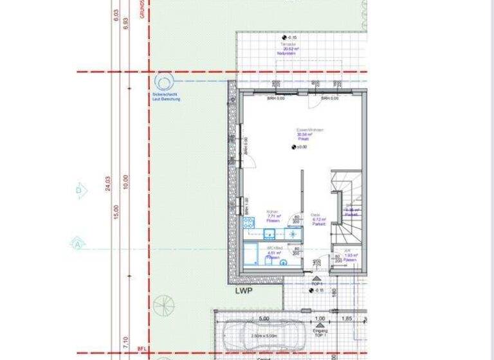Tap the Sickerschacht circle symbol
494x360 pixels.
[x=163, y=82]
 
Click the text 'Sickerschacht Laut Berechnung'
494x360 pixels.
[x=167, y=97]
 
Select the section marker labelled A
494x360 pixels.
[x=77, y=244]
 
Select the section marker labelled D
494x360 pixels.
[x=79, y=190]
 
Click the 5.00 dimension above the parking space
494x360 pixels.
[x=264, y=318]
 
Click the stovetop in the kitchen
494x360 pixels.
[x=249, y=224]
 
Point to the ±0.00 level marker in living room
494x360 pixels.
[x=295, y=147]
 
